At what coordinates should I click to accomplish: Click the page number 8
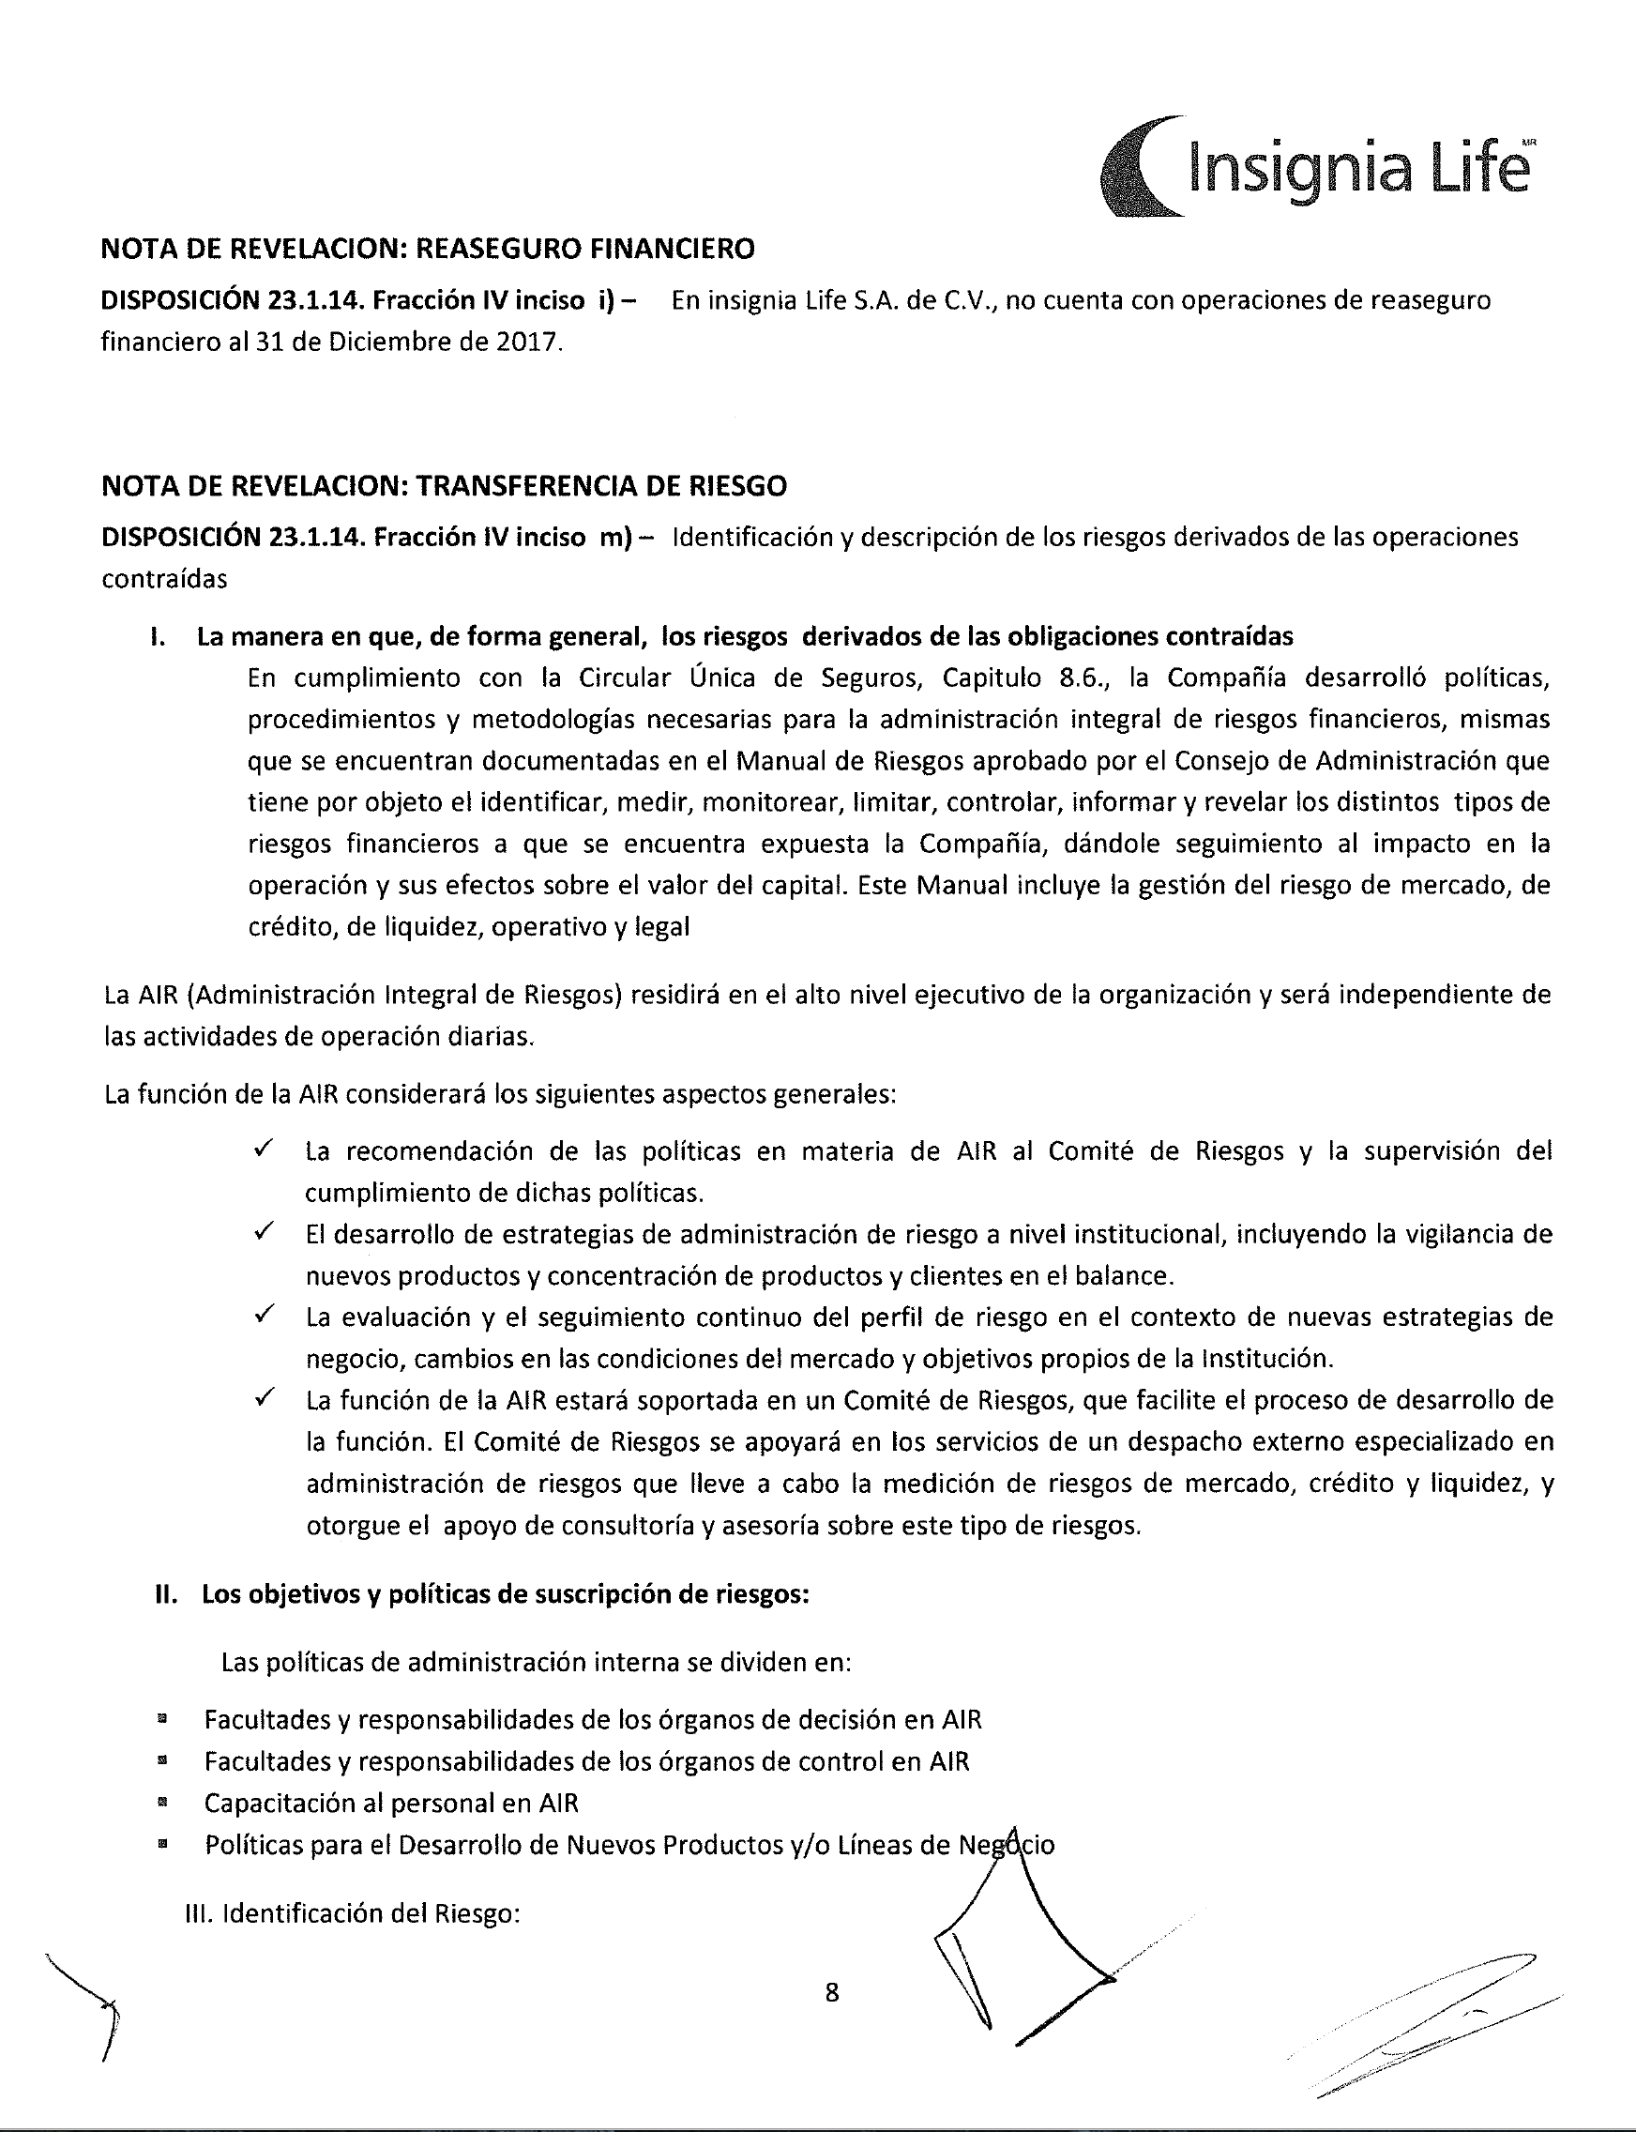(832, 1993)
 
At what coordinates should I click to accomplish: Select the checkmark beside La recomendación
(262, 1150)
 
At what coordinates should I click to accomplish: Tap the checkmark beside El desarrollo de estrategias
(262, 1232)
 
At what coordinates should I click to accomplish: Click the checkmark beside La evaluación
(262, 1315)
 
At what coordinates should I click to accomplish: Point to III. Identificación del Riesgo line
(352, 1914)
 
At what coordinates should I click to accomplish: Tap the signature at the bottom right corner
(1431, 2031)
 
